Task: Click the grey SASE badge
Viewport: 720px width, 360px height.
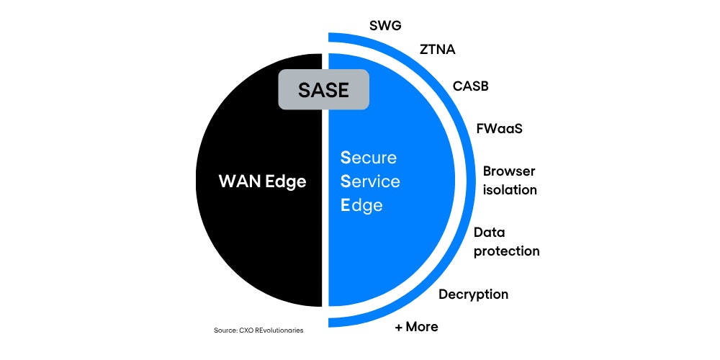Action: point(323,90)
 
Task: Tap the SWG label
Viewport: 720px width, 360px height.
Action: point(385,26)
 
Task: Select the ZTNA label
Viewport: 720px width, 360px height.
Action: point(437,50)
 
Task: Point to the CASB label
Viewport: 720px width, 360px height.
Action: point(471,86)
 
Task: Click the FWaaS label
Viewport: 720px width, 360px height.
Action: point(499,130)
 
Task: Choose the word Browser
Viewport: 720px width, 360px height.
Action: point(509,171)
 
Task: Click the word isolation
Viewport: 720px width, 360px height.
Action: point(510,190)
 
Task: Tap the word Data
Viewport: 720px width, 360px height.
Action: point(490,233)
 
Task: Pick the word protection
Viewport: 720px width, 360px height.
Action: point(506,251)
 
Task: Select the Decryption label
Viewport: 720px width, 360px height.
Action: point(473,294)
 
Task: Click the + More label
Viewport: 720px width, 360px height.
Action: point(416,327)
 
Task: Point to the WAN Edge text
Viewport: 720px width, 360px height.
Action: point(262,181)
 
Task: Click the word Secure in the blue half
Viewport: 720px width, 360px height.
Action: point(369,158)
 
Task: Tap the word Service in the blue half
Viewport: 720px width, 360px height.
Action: point(370,181)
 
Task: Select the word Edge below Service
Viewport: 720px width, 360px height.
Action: point(361,205)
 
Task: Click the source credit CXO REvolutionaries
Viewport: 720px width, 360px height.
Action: point(258,330)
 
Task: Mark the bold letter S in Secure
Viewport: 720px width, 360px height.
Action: point(346,158)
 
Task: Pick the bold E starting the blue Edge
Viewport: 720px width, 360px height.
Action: point(346,205)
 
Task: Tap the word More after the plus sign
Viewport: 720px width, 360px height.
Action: point(422,327)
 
